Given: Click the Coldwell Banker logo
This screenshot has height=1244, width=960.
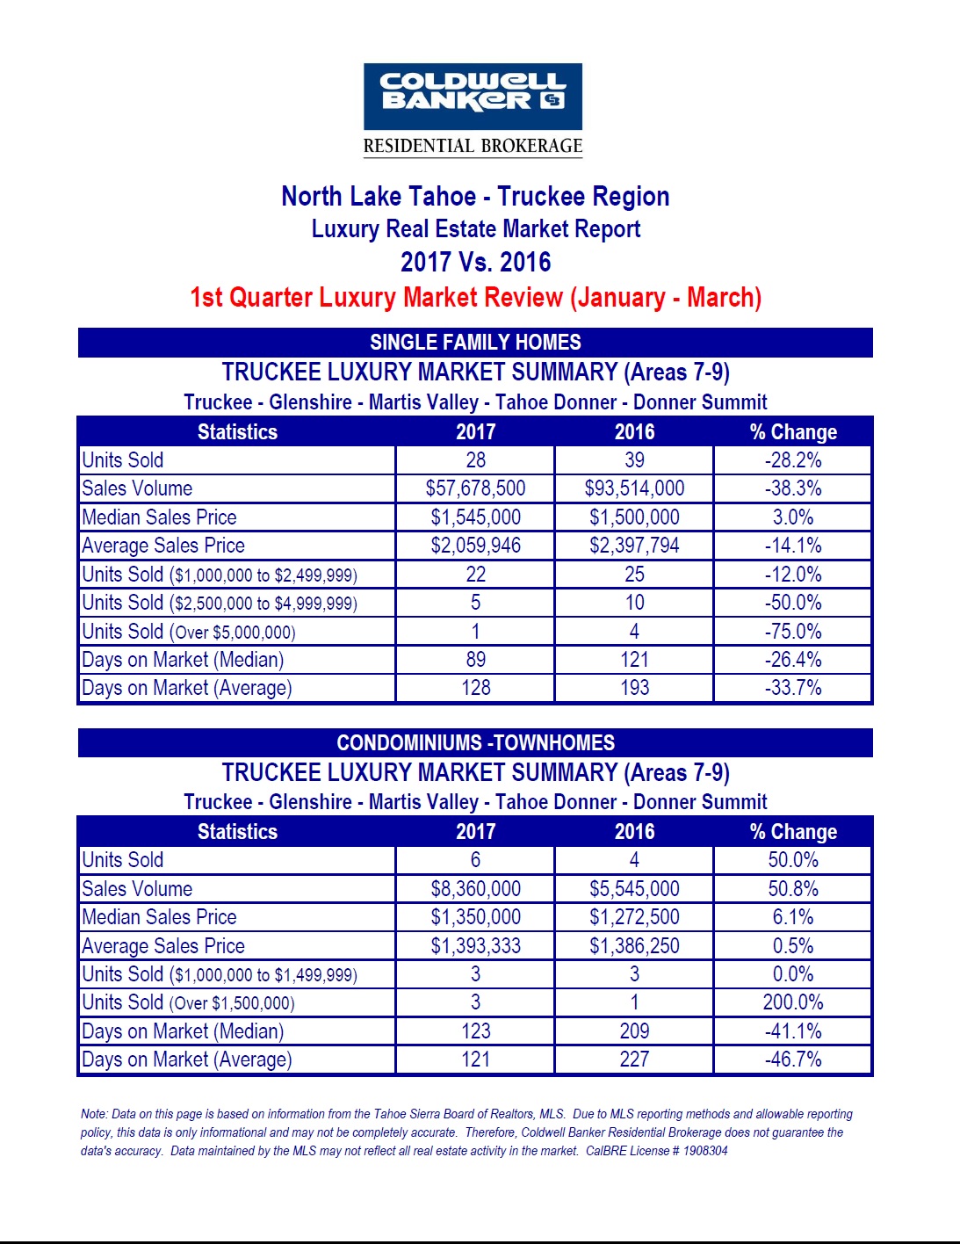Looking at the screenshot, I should point(473,97).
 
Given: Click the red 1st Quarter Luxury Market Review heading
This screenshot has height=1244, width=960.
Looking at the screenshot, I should point(475,298).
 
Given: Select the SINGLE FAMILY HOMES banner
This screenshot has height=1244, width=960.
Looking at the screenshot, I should point(475,343).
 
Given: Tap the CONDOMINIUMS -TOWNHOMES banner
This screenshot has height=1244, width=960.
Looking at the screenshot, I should point(475,742).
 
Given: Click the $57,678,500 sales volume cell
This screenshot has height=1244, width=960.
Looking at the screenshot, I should point(475,488).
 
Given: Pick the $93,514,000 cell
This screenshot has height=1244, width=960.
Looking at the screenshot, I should point(634,488).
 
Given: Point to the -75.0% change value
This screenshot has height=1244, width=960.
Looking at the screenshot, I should point(793,632).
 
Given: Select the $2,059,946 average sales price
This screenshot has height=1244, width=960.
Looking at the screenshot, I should point(475,546).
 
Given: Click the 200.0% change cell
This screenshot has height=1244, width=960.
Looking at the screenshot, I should point(793,1002).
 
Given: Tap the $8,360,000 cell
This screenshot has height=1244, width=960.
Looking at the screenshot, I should point(475,889).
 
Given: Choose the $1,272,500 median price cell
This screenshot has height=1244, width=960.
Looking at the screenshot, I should point(634,917).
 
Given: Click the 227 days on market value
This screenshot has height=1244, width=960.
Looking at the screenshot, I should point(634,1060).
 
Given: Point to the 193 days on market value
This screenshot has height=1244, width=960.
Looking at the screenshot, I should point(634,688).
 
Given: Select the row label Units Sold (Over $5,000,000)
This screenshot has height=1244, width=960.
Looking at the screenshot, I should point(189,632).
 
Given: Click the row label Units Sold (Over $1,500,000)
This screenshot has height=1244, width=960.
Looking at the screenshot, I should point(188,1002).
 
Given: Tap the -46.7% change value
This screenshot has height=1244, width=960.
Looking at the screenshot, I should point(793,1060).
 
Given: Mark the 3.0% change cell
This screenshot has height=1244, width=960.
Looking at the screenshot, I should point(793,517).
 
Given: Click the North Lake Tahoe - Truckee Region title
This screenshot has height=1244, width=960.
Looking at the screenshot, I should point(475,196).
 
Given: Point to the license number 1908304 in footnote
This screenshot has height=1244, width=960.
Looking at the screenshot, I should point(704,1151).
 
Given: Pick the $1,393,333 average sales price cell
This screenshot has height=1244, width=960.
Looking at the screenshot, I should point(475,946).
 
